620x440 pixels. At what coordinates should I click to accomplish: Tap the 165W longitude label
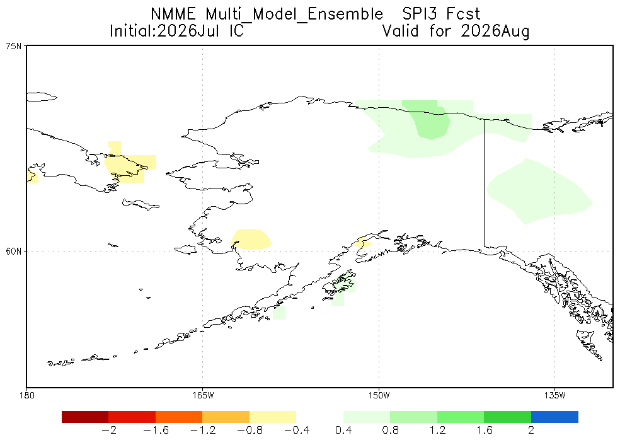click(x=202, y=395)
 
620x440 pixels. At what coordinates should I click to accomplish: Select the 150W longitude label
click(x=379, y=395)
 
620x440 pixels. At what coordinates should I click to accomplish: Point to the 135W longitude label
click(x=554, y=395)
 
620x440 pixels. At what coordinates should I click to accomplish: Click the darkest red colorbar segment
click(x=85, y=417)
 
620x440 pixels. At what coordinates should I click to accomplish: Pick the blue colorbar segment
click(x=554, y=417)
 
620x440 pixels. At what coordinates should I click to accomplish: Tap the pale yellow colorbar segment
click(x=273, y=417)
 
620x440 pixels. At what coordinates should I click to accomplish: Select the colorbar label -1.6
click(x=156, y=430)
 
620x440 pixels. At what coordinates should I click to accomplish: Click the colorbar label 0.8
click(x=390, y=430)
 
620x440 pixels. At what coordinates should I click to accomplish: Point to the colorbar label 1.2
click(x=437, y=430)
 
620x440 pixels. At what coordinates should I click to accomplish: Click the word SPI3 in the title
click(x=420, y=14)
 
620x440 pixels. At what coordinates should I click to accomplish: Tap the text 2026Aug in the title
click(x=495, y=31)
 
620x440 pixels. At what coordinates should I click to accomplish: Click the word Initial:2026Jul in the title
click(x=164, y=31)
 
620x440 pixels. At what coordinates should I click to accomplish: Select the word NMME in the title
click(x=173, y=14)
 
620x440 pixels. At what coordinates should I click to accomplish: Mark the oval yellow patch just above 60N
click(x=251, y=239)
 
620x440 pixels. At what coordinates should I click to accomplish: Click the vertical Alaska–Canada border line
click(x=485, y=182)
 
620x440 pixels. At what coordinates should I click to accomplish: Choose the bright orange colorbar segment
click(x=179, y=417)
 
